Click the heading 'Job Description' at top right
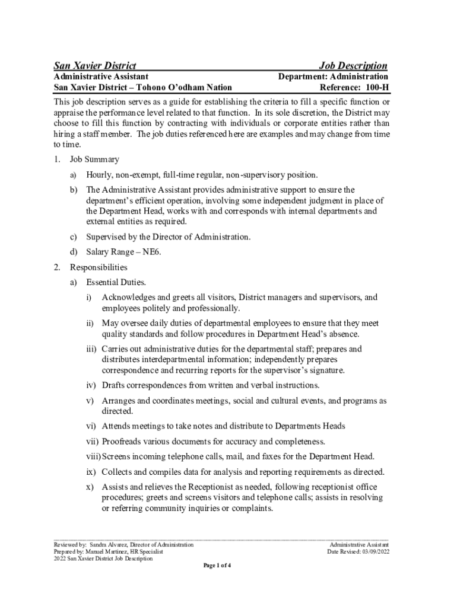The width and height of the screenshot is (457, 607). click(x=353, y=66)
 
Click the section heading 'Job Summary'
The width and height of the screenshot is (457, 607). click(x=94, y=159)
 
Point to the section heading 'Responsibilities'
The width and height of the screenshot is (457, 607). click(x=99, y=267)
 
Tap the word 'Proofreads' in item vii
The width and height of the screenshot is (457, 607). click(x=123, y=442)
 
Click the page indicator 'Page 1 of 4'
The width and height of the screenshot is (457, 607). click(x=217, y=566)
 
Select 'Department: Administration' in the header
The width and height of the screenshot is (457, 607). click(x=334, y=76)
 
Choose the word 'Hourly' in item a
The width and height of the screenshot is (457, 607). click(x=100, y=175)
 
